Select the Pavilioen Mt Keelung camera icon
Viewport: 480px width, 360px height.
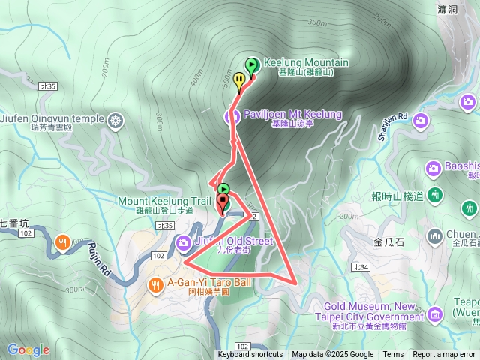pyautogui.click(x=232, y=115)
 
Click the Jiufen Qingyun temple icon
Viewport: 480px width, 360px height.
pyautogui.click(x=115, y=120)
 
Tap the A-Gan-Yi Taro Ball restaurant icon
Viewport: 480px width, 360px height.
pyautogui.click(x=156, y=284)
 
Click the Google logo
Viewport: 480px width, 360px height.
pyautogui.click(x=28, y=349)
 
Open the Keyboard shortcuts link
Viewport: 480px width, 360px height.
pyautogui.click(x=250, y=355)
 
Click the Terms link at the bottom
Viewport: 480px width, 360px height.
pyautogui.click(x=393, y=355)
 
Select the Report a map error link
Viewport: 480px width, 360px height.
pyautogui.click(x=445, y=355)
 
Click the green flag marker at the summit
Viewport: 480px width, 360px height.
pyautogui.click(x=251, y=65)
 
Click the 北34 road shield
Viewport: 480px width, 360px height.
pyautogui.click(x=360, y=266)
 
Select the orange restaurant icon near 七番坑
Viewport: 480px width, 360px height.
pyautogui.click(x=62, y=241)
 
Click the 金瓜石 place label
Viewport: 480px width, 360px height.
pyautogui.click(x=388, y=242)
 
